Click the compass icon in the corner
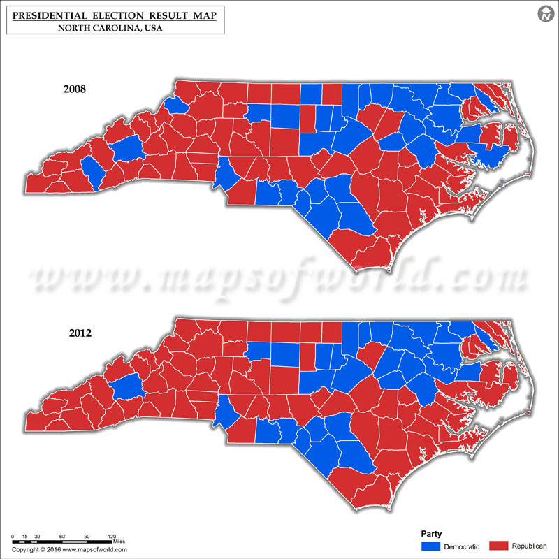(x=545, y=14)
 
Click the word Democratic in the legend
(x=463, y=545)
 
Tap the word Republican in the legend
(x=530, y=545)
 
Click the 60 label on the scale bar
(x=62, y=536)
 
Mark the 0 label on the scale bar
(x=13, y=536)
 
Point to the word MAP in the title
(x=203, y=15)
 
